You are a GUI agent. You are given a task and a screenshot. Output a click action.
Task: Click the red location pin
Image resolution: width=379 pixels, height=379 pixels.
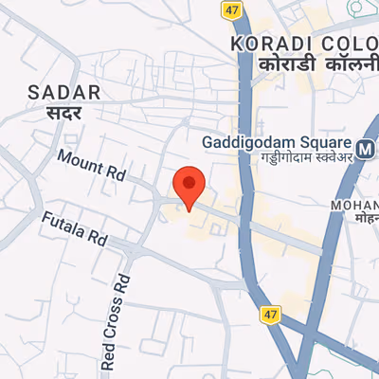[189, 185]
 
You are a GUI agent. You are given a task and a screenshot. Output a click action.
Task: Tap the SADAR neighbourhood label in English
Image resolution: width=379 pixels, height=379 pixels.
[64, 92]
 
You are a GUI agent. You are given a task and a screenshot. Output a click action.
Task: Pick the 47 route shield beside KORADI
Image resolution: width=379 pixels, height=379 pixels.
[233, 9]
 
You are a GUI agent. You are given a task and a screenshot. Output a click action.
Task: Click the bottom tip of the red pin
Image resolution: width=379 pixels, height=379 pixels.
[189, 210]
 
